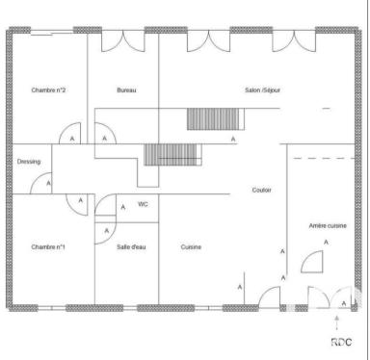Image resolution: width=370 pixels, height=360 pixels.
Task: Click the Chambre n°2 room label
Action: click(47, 90)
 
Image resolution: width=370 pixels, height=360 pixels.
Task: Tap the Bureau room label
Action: click(126, 90)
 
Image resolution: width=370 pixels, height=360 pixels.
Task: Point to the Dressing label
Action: click(29, 162)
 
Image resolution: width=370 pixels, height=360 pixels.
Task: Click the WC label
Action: click(143, 204)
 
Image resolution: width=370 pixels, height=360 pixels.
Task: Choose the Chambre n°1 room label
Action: click(47, 247)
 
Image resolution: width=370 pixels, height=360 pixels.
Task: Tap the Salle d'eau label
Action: click(131, 247)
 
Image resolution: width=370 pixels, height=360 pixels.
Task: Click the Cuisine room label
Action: click(191, 247)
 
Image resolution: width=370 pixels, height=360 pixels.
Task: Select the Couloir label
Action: click(261, 190)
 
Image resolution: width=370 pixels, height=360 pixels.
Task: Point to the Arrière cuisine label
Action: click(327, 225)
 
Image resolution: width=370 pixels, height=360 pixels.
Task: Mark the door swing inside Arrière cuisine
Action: click(313, 263)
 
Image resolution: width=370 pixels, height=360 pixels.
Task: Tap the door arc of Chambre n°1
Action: click(75, 203)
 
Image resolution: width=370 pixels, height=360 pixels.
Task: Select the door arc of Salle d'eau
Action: click(102, 232)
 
